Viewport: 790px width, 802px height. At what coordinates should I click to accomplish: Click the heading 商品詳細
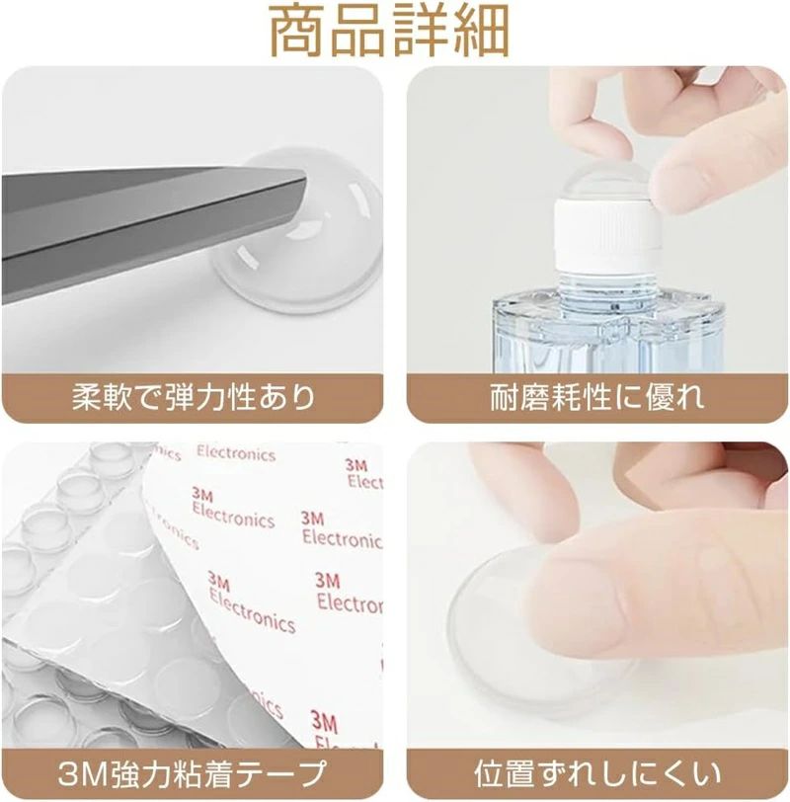(389, 32)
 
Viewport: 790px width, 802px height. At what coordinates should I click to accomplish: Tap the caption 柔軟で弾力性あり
(193, 397)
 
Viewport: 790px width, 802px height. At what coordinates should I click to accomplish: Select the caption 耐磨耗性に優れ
(596, 397)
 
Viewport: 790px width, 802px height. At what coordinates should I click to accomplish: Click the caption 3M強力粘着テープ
(193, 774)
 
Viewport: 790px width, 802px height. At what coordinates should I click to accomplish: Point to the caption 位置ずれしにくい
(596, 774)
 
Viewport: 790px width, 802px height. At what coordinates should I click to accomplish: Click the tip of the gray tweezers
(305, 180)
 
